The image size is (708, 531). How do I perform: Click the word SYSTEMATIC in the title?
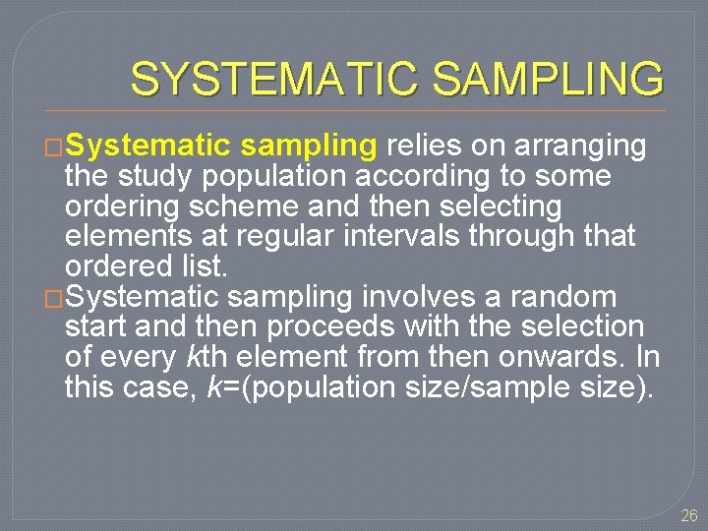point(278,80)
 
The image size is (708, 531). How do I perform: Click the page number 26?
point(688,515)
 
